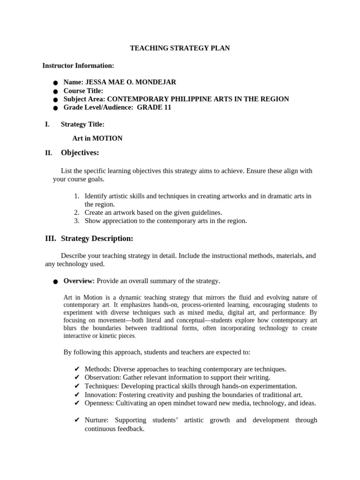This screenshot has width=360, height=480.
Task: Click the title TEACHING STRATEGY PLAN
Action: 180,48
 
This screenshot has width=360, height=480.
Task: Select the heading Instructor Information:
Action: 78,66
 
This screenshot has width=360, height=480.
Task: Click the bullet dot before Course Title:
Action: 55,91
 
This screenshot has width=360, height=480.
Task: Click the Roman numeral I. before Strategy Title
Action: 47,124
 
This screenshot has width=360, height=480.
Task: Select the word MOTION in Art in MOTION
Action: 107,138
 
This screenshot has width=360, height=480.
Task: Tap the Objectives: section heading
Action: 80,153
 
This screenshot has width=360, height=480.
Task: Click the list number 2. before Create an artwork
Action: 77,212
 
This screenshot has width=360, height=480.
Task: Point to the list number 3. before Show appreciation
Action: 77,221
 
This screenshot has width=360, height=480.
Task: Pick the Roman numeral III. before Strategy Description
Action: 51,239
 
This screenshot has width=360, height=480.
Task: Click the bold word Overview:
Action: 79,281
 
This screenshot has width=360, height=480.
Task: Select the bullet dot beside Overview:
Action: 55,282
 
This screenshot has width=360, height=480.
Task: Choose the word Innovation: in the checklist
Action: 101,395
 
